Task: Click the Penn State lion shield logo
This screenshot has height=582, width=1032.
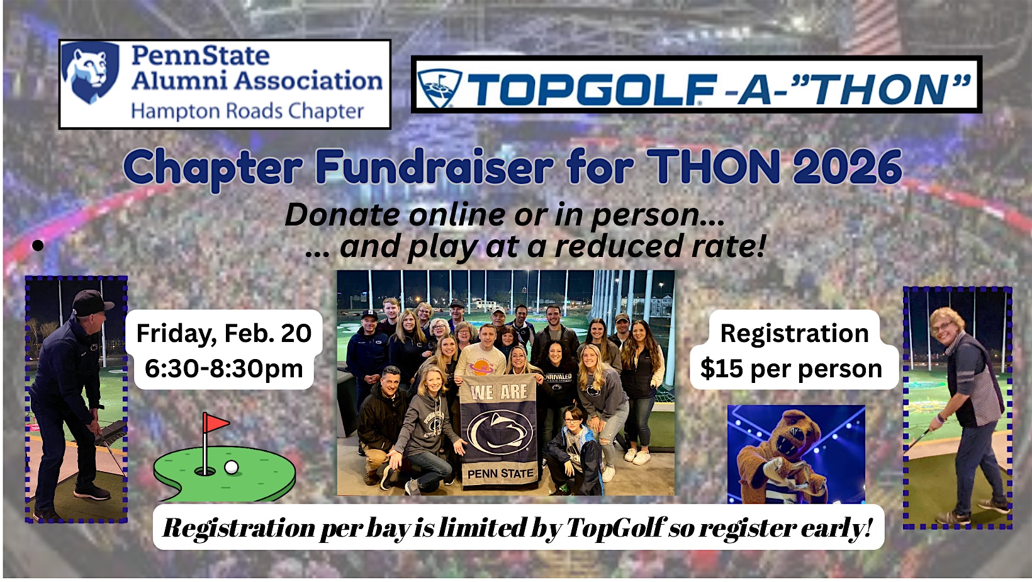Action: coord(91,71)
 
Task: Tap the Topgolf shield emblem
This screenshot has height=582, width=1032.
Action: coord(439,88)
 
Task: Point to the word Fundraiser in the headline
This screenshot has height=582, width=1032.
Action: coord(434,166)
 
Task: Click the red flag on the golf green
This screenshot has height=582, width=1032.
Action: coord(216,423)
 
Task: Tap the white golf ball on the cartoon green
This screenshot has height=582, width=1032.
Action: coord(232,467)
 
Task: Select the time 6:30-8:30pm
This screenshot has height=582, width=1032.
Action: coord(224,368)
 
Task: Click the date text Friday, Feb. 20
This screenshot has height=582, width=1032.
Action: coord(224,333)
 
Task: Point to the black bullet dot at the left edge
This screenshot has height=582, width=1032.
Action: coord(38,246)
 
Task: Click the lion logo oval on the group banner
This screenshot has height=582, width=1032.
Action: coord(500,431)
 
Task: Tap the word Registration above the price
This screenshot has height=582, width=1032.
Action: coord(794,333)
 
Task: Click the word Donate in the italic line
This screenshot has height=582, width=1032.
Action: coord(342,215)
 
